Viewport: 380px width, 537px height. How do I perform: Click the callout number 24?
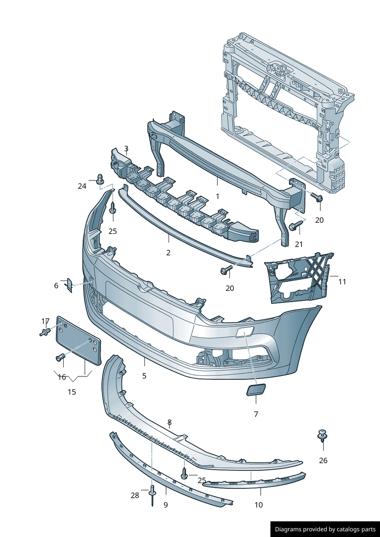point(82,186)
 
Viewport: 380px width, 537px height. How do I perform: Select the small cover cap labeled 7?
point(257,390)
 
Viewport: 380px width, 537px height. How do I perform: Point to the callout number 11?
point(342,281)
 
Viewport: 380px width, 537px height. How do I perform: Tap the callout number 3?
point(126,149)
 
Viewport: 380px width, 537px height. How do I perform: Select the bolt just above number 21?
point(296,226)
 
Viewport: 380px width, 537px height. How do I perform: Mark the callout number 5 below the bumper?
point(144,376)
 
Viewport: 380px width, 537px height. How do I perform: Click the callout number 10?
point(259,505)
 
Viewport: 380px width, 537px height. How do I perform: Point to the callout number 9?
point(166,505)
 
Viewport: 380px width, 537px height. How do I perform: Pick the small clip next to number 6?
point(69,284)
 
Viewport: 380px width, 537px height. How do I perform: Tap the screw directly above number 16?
point(60,357)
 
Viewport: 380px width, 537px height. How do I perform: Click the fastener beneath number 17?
point(46,332)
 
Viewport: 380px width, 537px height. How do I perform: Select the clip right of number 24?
point(100,179)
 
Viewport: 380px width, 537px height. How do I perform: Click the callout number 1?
point(217,196)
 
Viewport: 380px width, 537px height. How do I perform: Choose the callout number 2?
point(168,253)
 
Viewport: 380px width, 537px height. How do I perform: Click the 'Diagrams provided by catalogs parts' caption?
point(325,529)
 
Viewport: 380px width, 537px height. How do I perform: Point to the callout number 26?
point(323,460)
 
